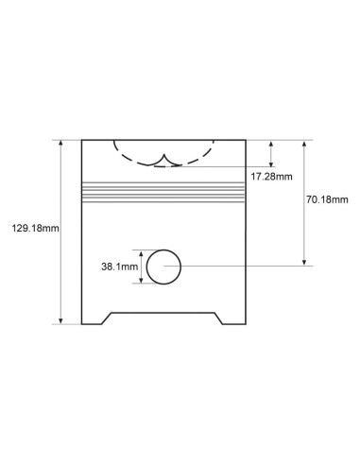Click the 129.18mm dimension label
pos(35,228)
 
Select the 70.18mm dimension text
pos(327,199)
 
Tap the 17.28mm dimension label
pos(271,177)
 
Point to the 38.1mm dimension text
pos(120,267)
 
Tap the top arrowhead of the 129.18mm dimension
pos(60,144)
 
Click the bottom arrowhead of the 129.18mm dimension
pos(60,320)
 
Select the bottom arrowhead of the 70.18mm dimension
pos(304,262)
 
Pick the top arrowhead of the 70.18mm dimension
pos(304,145)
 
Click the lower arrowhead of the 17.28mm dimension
pos(271,163)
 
